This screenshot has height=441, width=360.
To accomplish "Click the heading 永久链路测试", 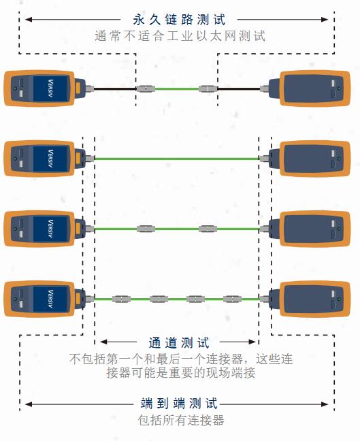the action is pos(179,20).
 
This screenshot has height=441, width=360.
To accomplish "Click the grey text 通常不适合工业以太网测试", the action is pos(180,36).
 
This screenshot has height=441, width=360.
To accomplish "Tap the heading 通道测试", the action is pos(179,343).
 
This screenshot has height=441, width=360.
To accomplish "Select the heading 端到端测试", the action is pos(179,404).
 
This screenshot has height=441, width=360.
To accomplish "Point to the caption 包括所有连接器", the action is pos(181,420).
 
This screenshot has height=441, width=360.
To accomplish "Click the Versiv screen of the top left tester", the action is pos(50,88).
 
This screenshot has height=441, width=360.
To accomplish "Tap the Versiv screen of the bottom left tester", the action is pos(50,299).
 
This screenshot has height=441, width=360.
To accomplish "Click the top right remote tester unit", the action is pos(310,88).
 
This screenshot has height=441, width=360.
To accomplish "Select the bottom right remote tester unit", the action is pos(310,299).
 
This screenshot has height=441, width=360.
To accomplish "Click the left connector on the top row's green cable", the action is pos(146,89).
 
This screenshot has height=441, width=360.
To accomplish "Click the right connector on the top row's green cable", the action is pos(208,89).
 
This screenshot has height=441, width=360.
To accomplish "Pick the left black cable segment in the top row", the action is pos(115,89).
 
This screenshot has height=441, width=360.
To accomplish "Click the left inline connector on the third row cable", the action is pos(146,229).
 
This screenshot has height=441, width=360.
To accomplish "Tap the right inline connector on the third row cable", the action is pos(208,229).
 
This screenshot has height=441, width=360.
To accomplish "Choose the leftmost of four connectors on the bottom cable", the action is pos(121,299).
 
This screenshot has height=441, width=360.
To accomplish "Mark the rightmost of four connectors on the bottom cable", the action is pos(232,299).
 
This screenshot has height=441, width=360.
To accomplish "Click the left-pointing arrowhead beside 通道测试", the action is pos(103,342).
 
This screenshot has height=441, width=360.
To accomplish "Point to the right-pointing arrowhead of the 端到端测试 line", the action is pos(325,404).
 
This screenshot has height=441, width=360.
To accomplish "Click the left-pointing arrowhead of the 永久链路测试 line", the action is pos(29,20).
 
